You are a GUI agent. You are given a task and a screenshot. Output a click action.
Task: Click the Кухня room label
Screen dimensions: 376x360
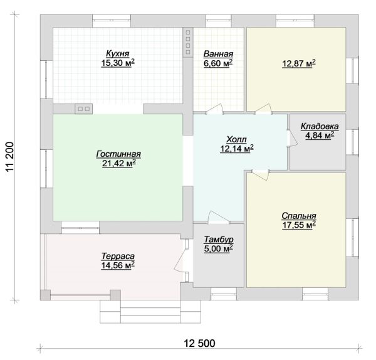(x=118, y=53)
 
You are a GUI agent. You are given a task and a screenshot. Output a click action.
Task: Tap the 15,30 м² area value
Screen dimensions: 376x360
(x=118, y=63)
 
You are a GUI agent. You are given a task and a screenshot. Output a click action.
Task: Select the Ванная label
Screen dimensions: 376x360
(x=218, y=54)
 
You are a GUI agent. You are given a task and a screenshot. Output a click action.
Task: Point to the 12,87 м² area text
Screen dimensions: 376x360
(x=298, y=64)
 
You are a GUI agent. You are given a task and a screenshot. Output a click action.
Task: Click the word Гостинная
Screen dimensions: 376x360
(x=118, y=154)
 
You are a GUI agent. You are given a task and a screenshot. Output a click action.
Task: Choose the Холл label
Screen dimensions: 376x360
(x=236, y=139)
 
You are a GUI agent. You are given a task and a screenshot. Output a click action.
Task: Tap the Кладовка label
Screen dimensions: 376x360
(x=320, y=126)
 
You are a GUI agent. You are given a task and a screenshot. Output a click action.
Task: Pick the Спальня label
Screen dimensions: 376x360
(x=299, y=216)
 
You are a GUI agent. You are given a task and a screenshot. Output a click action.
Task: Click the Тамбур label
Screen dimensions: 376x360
(x=219, y=240)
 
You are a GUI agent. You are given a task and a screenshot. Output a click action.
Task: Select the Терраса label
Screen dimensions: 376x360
(x=118, y=256)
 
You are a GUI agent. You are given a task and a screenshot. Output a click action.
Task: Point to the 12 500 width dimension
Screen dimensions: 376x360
(x=199, y=344)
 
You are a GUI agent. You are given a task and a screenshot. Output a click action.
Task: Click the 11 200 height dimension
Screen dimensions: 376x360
(x=9, y=157)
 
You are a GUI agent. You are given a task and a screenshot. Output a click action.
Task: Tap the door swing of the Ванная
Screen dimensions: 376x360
(x=215, y=109)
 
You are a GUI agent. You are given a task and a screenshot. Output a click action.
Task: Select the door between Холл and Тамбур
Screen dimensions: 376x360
(x=217, y=217)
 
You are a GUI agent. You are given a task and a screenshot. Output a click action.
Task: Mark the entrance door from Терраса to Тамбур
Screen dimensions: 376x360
(x=182, y=260)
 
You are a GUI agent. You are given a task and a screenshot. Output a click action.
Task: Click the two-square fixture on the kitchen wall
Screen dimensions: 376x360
(x=84, y=109)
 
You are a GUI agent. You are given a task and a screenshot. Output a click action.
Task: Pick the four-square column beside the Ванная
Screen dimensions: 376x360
(x=188, y=42)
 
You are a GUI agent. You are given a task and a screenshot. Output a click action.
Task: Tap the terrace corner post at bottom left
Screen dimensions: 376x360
(x=45, y=295)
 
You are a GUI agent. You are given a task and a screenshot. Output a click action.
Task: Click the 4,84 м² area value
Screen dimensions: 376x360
(x=320, y=135)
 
